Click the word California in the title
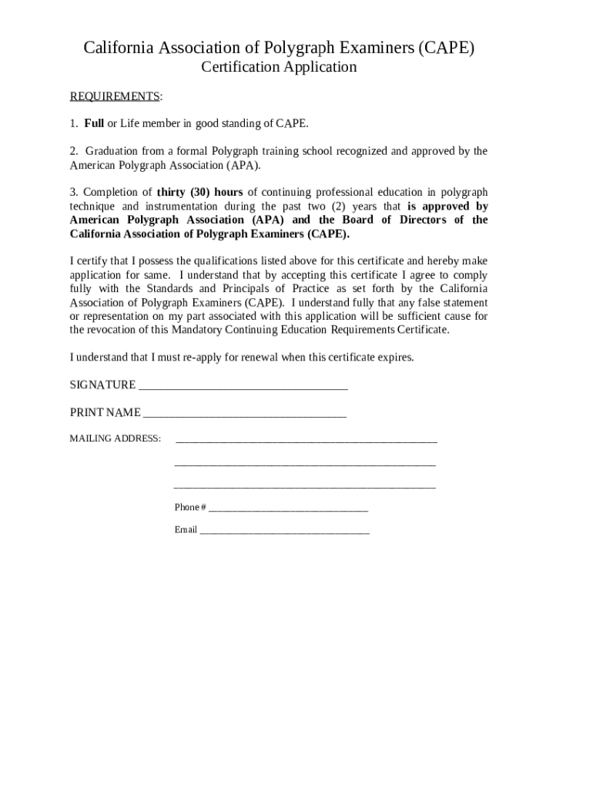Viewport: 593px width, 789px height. pyautogui.click(x=119, y=49)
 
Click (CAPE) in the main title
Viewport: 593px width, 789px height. pyautogui.click(x=447, y=49)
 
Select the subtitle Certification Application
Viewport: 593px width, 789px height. pyautogui.click(x=279, y=67)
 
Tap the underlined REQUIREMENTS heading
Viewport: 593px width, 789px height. pyautogui.click(x=115, y=96)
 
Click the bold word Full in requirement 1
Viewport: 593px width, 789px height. pyautogui.click(x=93, y=123)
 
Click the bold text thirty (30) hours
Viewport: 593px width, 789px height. pyautogui.click(x=200, y=192)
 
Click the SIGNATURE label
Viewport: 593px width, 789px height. pyautogui.click(x=102, y=384)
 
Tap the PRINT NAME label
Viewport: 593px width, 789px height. pyautogui.click(x=105, y=412)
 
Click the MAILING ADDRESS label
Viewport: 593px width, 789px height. pyautogui.click(x=115, y=438)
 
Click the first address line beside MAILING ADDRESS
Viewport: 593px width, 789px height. pyautogui.click(x=307, y=442)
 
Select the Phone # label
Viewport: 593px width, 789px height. pyautogui.click(x=189, y=507)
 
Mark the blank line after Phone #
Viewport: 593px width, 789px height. pyautogui.click(x=288, y=509)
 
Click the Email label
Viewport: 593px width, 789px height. pyautogui.click(x=186, y=530)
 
